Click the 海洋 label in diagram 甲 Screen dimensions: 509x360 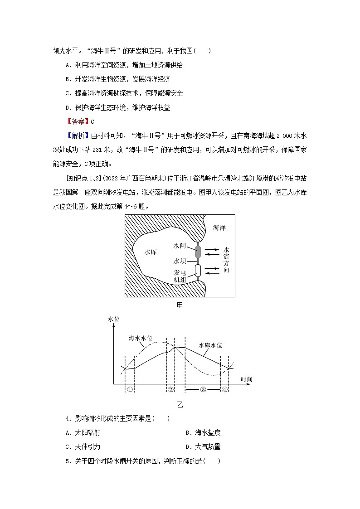click(219, 228)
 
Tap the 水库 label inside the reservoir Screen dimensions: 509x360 click(151, 252)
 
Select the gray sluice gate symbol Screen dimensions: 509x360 click(198, 251)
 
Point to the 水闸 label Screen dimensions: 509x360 click(180, 245)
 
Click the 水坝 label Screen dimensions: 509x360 click(180, 262)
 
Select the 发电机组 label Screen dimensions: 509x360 click(180, 276)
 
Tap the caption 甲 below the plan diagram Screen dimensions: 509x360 click(180, 305)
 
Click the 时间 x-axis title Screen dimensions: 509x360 click(247, 378)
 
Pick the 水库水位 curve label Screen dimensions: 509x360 click(210, 345)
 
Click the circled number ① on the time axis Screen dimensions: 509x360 click(130, 389)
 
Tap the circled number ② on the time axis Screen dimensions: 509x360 click(171, 389)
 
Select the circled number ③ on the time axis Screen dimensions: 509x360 click(203, 389)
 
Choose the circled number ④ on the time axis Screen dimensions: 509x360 click(224, 389)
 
